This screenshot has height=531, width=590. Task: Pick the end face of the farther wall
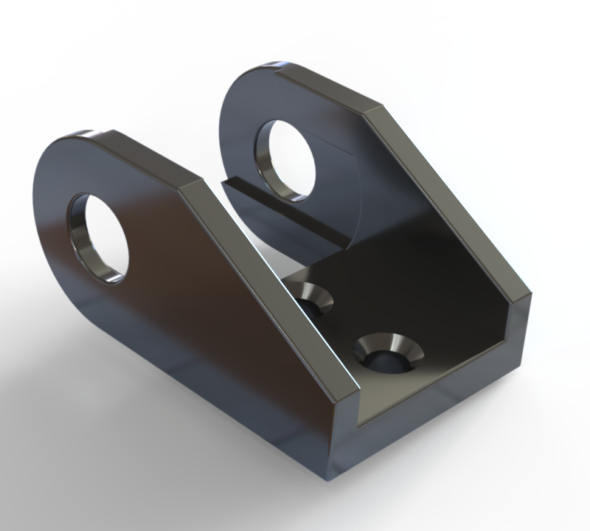coord(521,332)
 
